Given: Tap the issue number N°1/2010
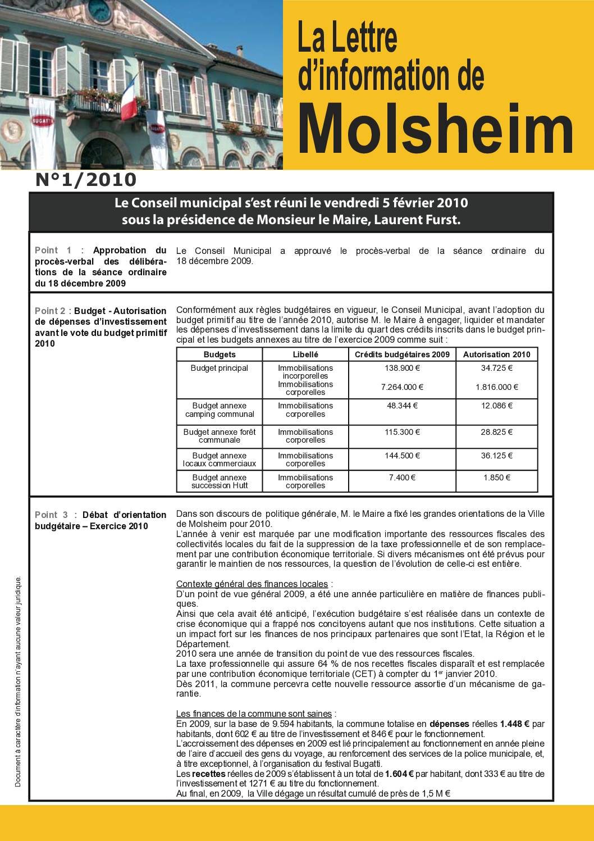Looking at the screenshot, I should click(86, 180).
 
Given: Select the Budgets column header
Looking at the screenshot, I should click(220, 354).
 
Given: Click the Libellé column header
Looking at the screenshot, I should click(305, 354).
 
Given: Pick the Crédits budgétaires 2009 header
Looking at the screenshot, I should click(402, 354).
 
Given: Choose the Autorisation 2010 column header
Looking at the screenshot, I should click(496, 354).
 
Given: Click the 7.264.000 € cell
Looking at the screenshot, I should click(402, 387).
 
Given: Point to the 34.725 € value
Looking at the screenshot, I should click(496, 369).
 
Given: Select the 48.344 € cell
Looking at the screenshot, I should click(402, 406).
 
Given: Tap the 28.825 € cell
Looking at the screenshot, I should click(496, 432).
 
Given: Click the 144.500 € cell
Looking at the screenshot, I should click(402, 456).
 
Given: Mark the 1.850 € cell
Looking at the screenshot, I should click(496, 478).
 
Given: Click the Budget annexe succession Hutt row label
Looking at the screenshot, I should click(220, 481).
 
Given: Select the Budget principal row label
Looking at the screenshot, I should click(220, 369).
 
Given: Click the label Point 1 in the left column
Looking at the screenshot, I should click(53, 251).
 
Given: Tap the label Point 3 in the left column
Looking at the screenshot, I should click(53, 515).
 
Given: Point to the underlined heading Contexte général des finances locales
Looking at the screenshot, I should click(252, 584).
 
